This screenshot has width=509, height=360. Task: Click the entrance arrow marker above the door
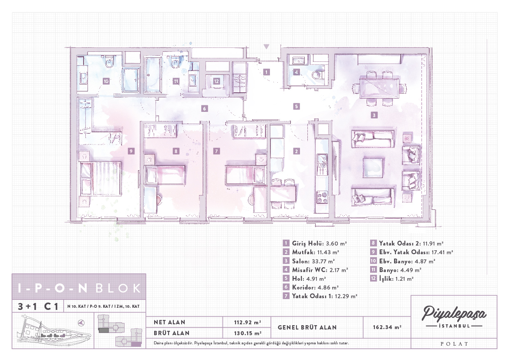pyautogui.click(x=266, y=47)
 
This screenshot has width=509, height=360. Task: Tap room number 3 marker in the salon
pyautogui.click(x=374, y=115)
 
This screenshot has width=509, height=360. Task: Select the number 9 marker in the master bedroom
pyautogui.click(x=131, y=151)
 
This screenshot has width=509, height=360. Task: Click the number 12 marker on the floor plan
pyautogui.click(x=216, y=81)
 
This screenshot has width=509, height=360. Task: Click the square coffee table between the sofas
pyautogui.click(x=374, y=168)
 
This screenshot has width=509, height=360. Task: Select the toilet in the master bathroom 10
pyautogui.click(x=109, y=61)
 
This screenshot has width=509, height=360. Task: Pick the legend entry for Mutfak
pyautogui.click(x=310, y=252)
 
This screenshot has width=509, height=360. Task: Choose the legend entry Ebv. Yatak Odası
pyautogui.click(x=411, y=252)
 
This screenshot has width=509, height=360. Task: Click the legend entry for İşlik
pyautogui.click(x=391, y=279)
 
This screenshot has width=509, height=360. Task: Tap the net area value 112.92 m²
pyautogui.click(x=247, y=322)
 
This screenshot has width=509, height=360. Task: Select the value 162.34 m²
pyautogui.click(x=387, y=327)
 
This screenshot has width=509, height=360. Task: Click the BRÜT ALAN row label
pyautogui.click(x=172, y=333)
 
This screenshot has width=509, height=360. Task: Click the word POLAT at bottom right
pyautogui.click(x=454, y=344)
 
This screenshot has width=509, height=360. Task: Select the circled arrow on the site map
pyautogui.click(x=81, y=323)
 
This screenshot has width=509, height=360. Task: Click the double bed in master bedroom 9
pyautogui.click(x=101, y=179)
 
